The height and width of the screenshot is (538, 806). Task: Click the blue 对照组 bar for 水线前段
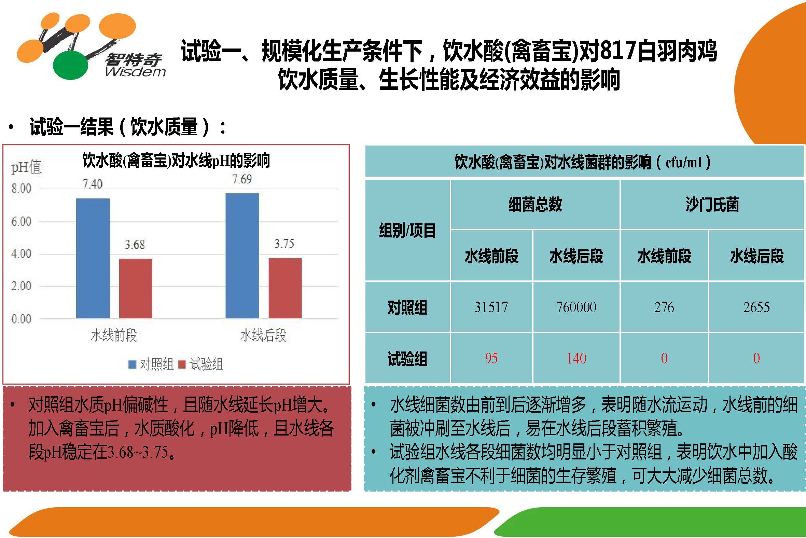tap(93, 258)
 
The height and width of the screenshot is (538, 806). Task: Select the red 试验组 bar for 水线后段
tap(285, 288)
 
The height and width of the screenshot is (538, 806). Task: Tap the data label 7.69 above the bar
tap(242, 179)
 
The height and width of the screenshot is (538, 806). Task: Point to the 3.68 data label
tap(135, 244)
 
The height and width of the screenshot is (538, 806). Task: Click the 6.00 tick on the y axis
tap(21, 221)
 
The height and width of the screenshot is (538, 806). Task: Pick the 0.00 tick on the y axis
tap(21, 319)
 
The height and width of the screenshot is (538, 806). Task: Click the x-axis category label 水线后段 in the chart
tap(263, 335)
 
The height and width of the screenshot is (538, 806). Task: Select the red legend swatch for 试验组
tap(182, 364)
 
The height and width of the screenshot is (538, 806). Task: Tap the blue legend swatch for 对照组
tap(132, 364)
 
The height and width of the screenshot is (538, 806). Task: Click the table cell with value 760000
tap(576, 307)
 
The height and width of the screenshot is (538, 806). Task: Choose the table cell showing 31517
tap(491, 307)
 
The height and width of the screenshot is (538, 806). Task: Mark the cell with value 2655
tap(756, 307)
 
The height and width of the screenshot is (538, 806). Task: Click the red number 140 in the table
tap(576, 358)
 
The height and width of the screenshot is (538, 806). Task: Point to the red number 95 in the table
tap(491, 358)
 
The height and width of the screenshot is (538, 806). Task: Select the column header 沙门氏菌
tap(712, 205)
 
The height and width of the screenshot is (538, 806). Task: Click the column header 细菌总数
tap(535, 205)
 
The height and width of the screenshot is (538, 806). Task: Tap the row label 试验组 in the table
tap(407, 359)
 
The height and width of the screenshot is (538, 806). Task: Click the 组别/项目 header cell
tap(407, 230)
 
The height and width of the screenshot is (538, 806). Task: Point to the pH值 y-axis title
tap(26, 167)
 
